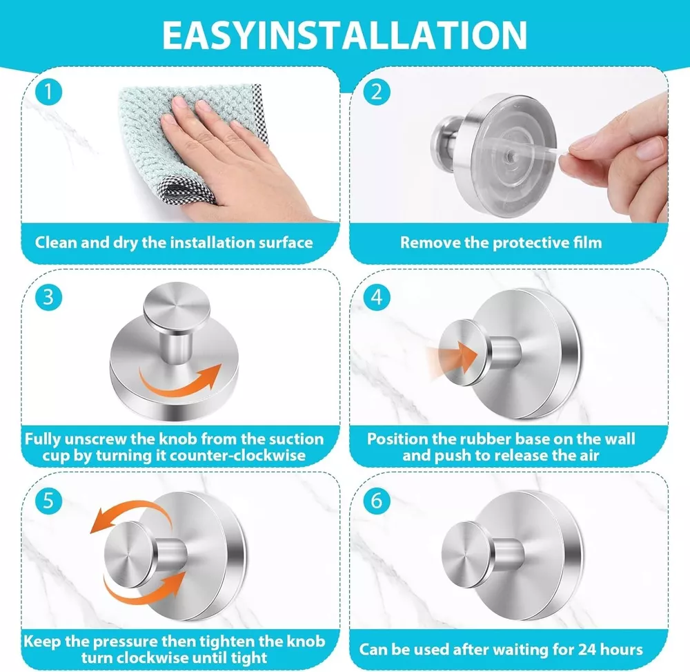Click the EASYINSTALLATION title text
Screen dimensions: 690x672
(344, 35)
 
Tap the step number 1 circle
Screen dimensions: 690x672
(48, 92)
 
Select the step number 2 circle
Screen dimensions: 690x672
(377, 92)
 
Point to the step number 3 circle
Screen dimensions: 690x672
(48, 297)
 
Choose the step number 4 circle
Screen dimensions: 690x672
(377, 297)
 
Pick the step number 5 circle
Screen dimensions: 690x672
(48, 501)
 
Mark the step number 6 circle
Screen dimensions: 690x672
(377, 501)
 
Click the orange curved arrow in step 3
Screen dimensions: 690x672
(180, 386)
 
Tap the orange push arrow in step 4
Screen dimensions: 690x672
(453, 357)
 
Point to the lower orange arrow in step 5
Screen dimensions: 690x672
(145, 595)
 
